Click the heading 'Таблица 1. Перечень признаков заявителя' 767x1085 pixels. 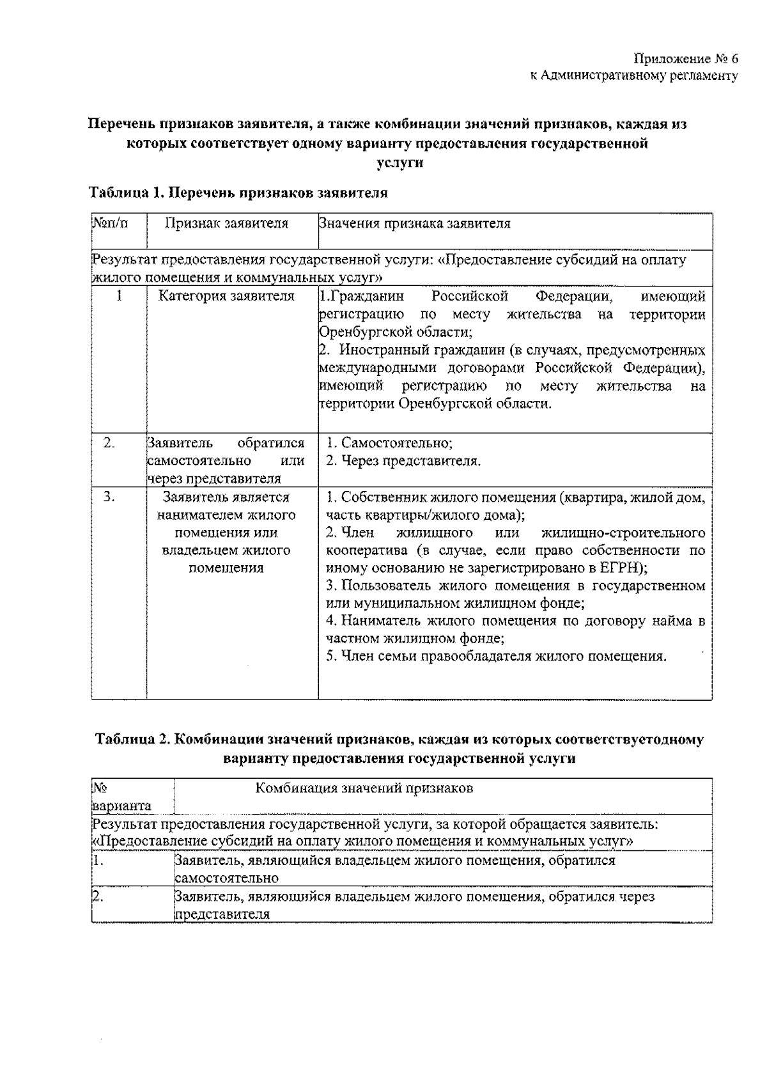(x=238, y=192)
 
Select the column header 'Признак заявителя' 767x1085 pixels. (x=226, y=223)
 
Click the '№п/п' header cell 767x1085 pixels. (x=110, y=223)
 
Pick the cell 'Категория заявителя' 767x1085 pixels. (x=226, y=296)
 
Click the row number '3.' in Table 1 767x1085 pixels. (x=109, y=497)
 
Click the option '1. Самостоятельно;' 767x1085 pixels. (x=389, y=442)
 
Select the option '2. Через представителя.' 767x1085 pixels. (x=403, y=460)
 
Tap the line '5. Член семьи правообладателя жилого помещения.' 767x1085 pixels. (x=496, y=656)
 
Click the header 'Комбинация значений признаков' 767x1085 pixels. (x=364, y=788)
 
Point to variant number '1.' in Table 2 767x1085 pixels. (x=97, y=861)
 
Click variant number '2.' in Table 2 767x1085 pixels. (x=97, y=896)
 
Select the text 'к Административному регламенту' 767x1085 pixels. (x=634, y=76)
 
